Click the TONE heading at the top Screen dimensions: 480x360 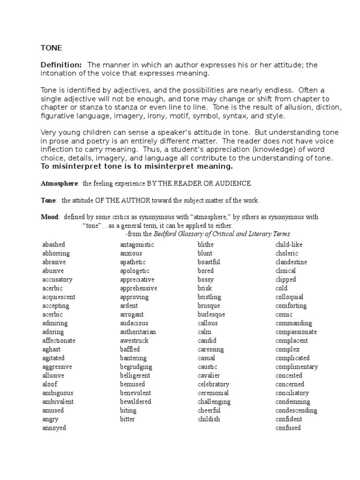pyautogui.click(x=52, y=48)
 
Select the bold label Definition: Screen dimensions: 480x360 pyautogui.click(x=61, y=65)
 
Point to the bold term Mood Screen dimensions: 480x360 pyautogui.click(x=50, y=217)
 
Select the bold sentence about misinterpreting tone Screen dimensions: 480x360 pyautogui.click(x=136, y=166)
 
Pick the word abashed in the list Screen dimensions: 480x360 pyautogui.click(x=54, y=245)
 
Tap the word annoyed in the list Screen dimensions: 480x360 pyautogui.click(x=54, y=428)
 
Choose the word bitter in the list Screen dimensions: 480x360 pyautogui.click(x=127, y=419)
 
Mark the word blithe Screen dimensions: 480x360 pyautogui.click(x=206, y=245)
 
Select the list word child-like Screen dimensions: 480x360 pyautogui.click(x=288, y=245)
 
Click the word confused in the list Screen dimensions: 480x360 pyautogui.click(x=288, y=428)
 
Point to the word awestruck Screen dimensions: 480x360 pyautogui.click(x=134, y=341)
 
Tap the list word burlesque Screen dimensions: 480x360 pyautogui.click(x=211, y=315)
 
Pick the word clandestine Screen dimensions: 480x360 pyautogui.click(x=291, y=262)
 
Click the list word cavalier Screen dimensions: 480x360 pyautogui.click(x=209, y=375)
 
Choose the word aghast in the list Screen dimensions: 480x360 pyautogui.click(x=52, y=349)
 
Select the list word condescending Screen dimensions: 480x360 pyautogui.click(x=296, y=411)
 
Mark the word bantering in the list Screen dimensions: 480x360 pyautogui.click(x=134, y=358)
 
